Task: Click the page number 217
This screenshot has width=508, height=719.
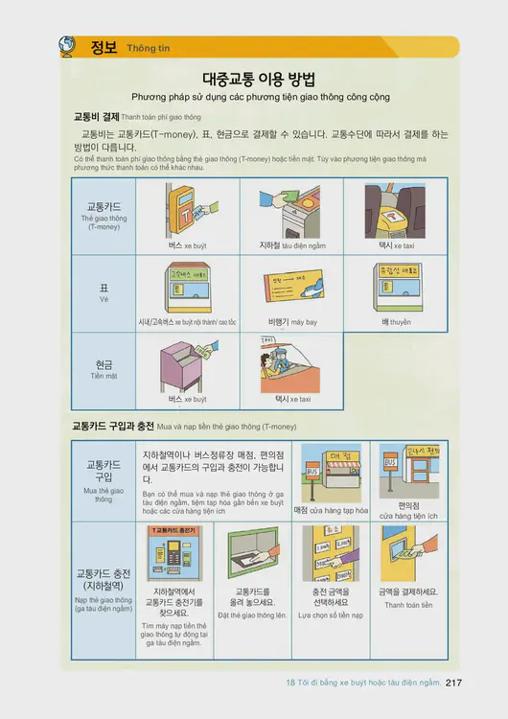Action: point(454,683)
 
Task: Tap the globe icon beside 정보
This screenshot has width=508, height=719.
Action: point(68,46)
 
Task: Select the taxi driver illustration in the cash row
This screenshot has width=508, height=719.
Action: point(288,364)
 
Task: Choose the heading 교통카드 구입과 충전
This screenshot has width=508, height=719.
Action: point(113,425)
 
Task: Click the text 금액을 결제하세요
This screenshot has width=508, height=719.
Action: point(408,591)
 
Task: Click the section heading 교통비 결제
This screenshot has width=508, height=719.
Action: point(96,116)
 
